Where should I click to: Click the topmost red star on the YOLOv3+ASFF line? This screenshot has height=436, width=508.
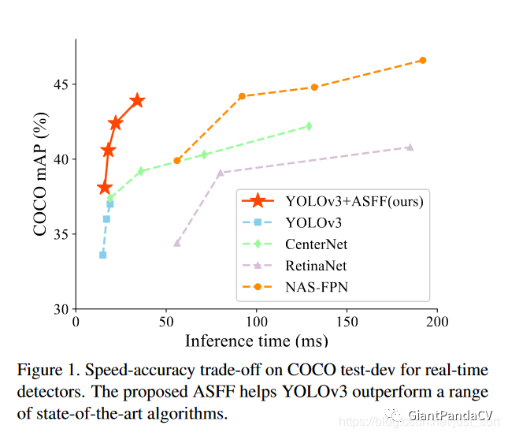coord(137,100)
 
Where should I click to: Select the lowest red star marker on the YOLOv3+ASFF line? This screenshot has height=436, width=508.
coord(105,188)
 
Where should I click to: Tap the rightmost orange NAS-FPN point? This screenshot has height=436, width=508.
coord(423,60)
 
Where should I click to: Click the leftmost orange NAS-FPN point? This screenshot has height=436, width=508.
coord(177,160)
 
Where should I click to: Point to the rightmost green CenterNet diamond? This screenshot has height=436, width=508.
coord(309,125)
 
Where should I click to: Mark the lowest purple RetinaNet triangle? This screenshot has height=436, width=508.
coord(177,243)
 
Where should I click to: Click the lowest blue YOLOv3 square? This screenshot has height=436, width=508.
coord(102,255)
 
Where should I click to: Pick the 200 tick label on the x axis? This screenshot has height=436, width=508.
coord(437,322)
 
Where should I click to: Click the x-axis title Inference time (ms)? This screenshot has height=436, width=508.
coord(257,341)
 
